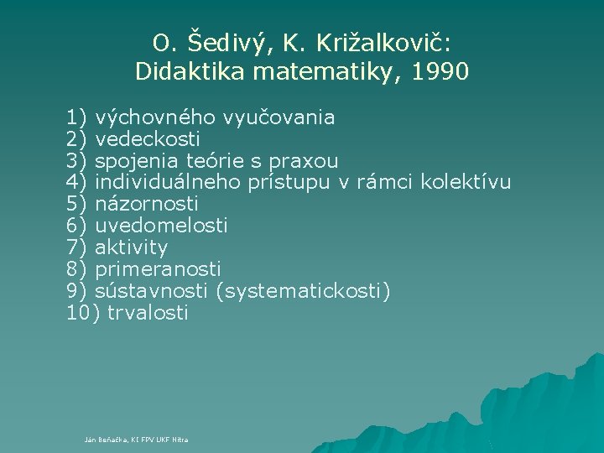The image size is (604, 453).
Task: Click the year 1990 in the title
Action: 441,72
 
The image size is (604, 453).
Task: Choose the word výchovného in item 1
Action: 151,117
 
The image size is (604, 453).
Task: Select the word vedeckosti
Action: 148,139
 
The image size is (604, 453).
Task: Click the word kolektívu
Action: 466,182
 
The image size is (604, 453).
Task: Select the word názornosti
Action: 147,204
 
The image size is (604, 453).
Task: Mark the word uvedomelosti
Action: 162,226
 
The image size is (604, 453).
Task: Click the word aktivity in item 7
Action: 132,247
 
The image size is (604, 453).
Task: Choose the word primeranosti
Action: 159,269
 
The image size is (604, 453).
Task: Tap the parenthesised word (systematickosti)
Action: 303,292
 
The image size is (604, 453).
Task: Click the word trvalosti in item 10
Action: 148,313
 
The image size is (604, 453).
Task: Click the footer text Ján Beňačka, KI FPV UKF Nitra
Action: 137,440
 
